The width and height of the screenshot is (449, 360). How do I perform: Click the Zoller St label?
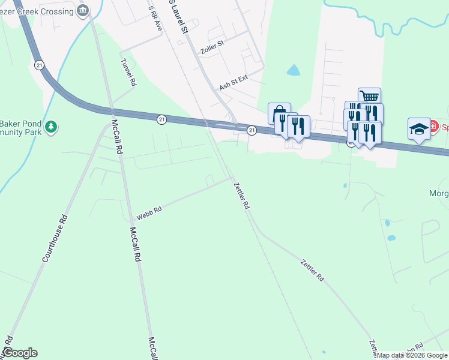212,44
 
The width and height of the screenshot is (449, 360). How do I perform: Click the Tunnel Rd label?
128,73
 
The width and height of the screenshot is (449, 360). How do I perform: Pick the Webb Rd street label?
149,212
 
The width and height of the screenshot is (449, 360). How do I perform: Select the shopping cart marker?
369,97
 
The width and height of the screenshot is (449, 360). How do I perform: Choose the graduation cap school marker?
419,128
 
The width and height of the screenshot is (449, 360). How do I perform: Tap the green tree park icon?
52,126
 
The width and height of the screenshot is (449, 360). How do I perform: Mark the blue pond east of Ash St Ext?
293,71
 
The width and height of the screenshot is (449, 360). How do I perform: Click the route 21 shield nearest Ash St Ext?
252,130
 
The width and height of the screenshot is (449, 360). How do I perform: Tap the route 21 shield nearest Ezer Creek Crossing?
40,65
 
